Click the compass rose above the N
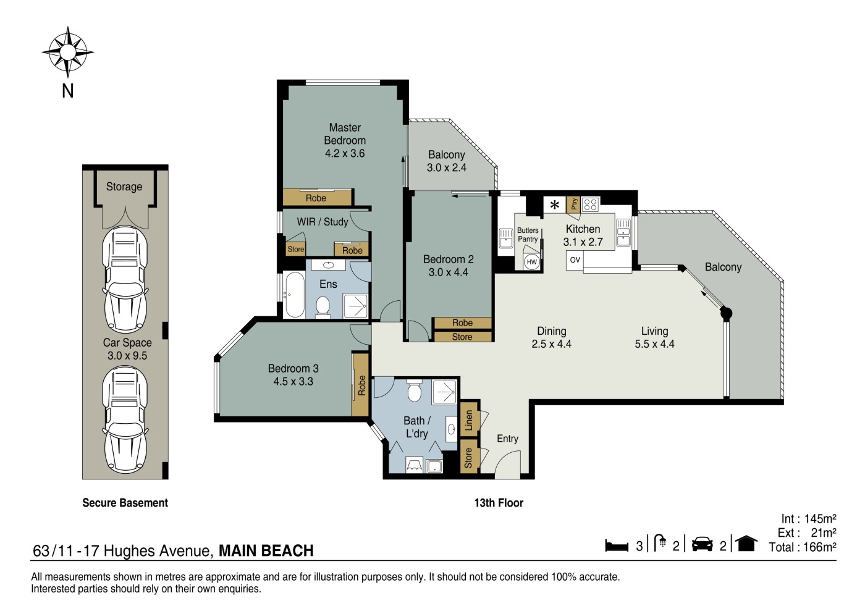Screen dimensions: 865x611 tap(67, 52)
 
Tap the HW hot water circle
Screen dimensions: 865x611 tap(532, 262)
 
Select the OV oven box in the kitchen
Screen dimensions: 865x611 tap(575, 260)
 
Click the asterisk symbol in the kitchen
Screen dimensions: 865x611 tap(555, 204)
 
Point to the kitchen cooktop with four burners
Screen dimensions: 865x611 tap(590, 204)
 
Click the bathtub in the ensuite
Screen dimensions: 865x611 tap(295, 295)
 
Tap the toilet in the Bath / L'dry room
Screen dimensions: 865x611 tap(415, 391)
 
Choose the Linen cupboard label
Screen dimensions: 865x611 tap(469, 420)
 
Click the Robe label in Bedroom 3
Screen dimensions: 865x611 tap(361, 385)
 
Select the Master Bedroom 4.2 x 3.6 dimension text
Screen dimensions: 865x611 tap(345, 153)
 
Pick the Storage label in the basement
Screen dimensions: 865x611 tap(124, 187)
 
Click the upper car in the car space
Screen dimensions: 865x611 tap(125, 279)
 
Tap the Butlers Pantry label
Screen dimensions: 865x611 tap(528, 235)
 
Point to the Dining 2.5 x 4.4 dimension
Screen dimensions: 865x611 tap(551, 343)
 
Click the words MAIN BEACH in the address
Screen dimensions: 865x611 tap(266, 550)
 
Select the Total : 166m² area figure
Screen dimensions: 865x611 tap(803, 547)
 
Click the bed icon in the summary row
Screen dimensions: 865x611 tap(617, 546)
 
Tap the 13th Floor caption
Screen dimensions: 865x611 tap(499, 503)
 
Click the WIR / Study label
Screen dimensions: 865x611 tap(323, 222)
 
